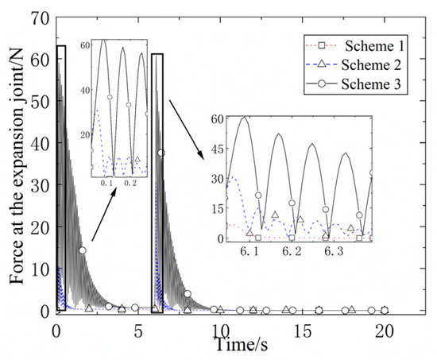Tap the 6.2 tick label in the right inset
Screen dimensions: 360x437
pos(292,251)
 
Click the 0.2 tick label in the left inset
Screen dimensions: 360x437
pos(131,183)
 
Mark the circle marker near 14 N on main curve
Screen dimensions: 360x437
pos(82,250)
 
